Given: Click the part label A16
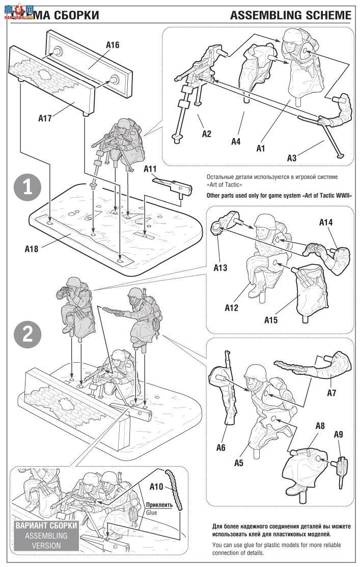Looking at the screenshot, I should (113, 45).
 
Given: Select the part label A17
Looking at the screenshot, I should (45, 118).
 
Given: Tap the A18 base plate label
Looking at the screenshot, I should (32, 249).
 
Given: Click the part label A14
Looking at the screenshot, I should (326, 222).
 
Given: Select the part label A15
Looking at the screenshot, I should (271, 320).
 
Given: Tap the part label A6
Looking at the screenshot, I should (220, 448).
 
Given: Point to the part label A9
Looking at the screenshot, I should (339, 434).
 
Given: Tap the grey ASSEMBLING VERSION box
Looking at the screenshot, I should (46, 535).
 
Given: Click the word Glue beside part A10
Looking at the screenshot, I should (151, 512).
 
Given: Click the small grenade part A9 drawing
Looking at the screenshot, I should (341, 465).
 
